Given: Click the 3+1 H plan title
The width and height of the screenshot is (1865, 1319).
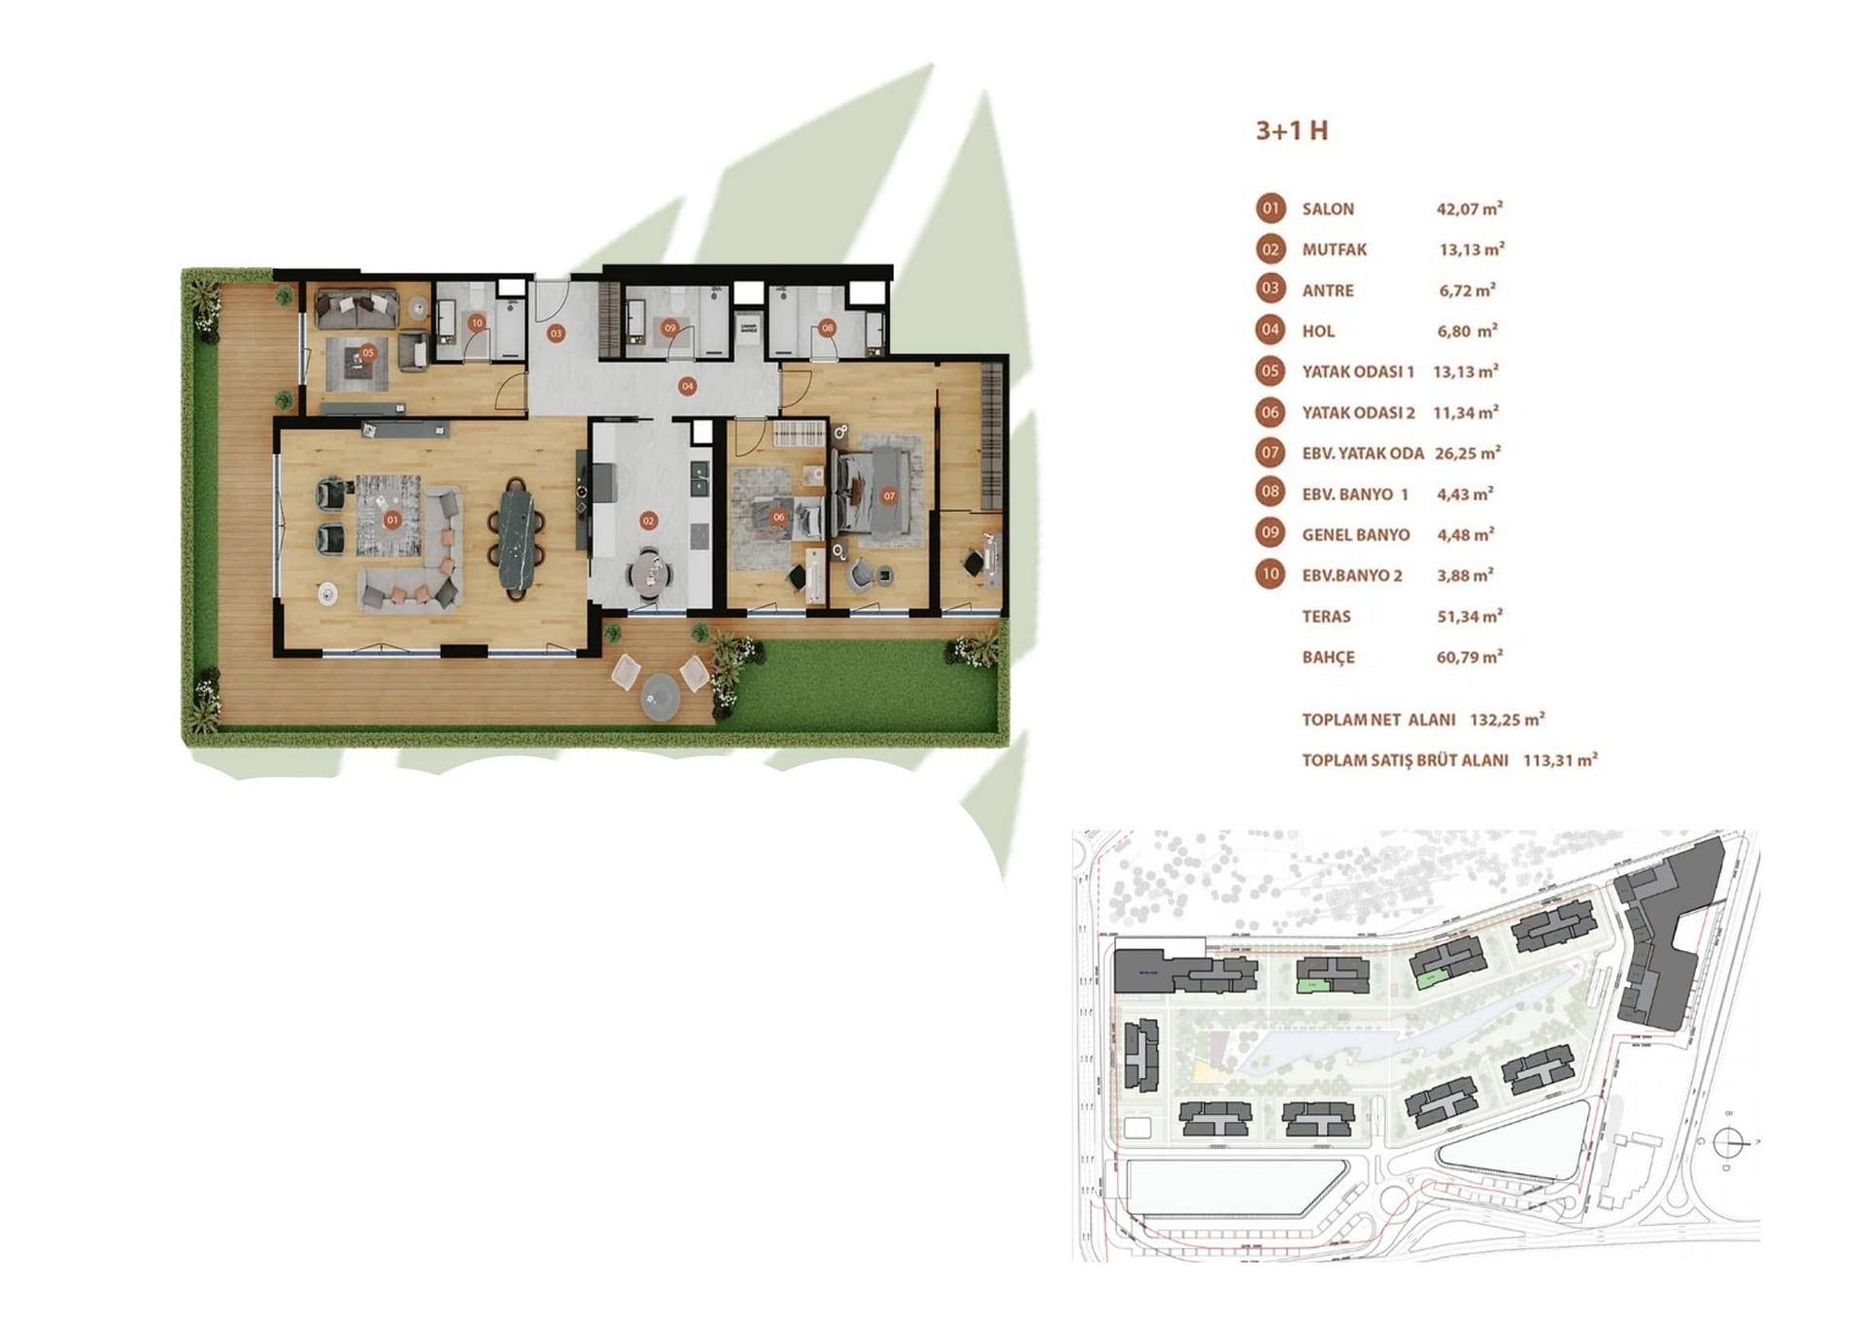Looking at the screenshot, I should [x=1291, y=131].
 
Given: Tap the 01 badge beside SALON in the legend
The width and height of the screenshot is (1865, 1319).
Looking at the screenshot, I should [x=1271, y=209].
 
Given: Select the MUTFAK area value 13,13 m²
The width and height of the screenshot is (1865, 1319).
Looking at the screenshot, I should [x=1472, y=250].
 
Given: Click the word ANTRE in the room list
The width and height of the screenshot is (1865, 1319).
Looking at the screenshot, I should [x=1328, y=290].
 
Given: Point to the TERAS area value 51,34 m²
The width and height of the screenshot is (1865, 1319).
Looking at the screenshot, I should [x=1470, y=616].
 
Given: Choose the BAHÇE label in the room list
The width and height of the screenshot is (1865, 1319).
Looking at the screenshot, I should [x=1328, y=658].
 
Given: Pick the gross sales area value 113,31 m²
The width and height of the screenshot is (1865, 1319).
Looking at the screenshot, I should [x=1560, y=761].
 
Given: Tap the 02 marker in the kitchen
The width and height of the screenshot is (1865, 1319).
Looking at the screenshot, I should [x=649, y=521].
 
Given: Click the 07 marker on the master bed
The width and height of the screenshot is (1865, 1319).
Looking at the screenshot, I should [x=889, y=496].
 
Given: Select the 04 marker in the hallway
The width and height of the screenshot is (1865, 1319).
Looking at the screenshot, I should [x=688, y=387].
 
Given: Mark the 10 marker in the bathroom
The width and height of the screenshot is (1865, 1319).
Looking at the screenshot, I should [x=477, y=323].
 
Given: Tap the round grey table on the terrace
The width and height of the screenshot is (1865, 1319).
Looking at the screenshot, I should [x=661, y=694].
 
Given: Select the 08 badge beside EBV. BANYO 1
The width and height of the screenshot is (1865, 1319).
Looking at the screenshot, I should [x=1271, y=492].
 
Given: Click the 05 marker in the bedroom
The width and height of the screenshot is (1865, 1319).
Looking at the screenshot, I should [x=368, y=354].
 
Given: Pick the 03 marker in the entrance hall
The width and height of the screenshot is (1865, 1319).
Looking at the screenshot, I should [x=556, y=333].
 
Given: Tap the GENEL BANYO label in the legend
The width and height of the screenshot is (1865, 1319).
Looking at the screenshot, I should [x=1356, y=535].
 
